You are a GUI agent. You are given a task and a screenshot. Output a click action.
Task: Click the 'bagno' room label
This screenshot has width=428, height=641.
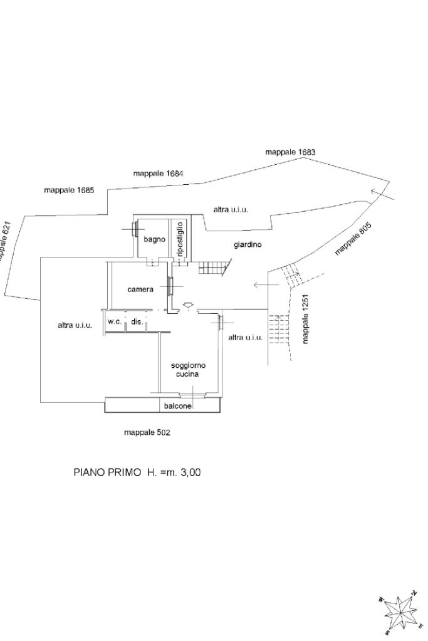pyautogui.click(x=154, y=239)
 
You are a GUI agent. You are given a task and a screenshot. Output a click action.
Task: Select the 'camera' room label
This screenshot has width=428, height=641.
pyautogui.click(x=140, y=289)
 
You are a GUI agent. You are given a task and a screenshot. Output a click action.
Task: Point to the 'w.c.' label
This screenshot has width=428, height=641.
pyautogui.click(x=115, y=321)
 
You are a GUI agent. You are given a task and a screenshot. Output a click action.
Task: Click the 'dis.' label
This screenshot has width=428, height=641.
pyautogui.click(x=137, y=321)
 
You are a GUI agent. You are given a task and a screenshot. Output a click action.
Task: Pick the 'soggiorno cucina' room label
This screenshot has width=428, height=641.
pyautogui.click(x=188, y=370)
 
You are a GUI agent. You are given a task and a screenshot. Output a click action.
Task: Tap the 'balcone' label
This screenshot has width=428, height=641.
pyautogui.click(x=178, y=406)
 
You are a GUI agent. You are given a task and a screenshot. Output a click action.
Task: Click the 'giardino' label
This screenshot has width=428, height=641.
pyautogui.click(x=248, y=245)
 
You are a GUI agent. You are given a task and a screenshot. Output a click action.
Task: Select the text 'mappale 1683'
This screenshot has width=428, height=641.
pyautogui.click(x=290, y=152)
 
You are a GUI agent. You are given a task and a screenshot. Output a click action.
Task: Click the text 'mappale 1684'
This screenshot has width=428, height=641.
pyautogui.click(x=158, y=174)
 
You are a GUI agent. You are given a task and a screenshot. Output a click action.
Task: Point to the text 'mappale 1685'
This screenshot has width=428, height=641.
pyautogui.click(x=69, y=190)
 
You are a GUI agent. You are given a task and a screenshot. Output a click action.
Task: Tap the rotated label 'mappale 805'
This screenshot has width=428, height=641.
pyautogui.click(x=353, y=239)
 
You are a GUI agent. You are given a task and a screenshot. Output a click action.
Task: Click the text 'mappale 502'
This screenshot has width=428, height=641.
pyautogui.click(x=147, y=432)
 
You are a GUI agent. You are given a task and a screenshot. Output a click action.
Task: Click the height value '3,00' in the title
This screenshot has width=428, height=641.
pyautogui.click(x=191, y=472)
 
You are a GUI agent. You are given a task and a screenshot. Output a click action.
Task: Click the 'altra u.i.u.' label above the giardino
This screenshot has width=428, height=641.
pyautogui.click(x=231, y=210)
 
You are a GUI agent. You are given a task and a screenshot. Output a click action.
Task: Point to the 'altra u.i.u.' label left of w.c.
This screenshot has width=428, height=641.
pyautogui.click(x=75, y=325)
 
